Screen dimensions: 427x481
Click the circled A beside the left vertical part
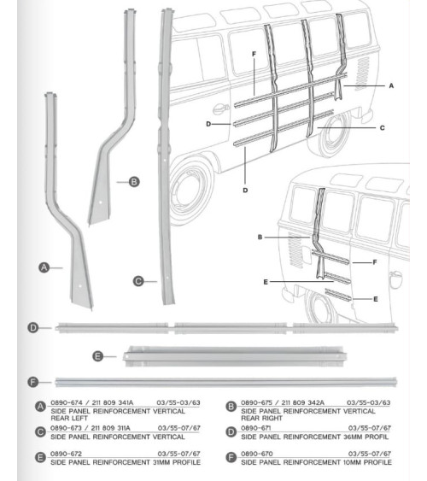[44, 267]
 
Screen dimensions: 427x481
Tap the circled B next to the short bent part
[134, 182]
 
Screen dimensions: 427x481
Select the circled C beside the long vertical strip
[138, 281]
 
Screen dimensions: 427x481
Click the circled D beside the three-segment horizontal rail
[32, 327]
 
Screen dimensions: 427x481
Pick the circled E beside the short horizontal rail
[98, 356]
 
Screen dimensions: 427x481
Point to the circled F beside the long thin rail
[32, 382]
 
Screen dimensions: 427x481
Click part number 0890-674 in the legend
[67, 402]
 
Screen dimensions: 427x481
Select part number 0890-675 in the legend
[256, 402]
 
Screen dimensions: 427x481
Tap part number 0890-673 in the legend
[67, 428]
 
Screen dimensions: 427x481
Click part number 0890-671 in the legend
[256, 428]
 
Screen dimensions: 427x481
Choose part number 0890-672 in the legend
[67, 454]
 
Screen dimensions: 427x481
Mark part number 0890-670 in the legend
[256, 454]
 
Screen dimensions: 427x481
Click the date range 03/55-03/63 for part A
[178, 402]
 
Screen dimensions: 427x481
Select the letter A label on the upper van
[391, 86]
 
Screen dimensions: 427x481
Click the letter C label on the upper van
[383, 128]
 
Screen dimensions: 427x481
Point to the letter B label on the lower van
[260, 238]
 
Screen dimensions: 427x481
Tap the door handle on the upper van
[221, 109]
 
